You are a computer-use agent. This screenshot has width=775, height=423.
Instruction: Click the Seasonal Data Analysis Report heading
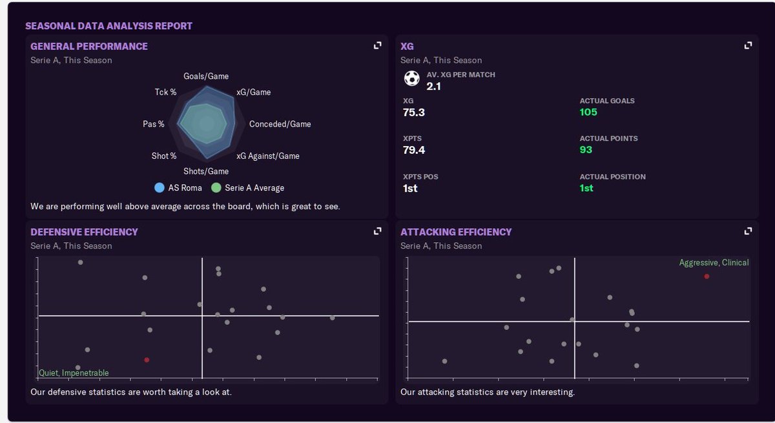(x=108, y=26)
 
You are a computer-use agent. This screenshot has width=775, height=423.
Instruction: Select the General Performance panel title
(x=89, y=46)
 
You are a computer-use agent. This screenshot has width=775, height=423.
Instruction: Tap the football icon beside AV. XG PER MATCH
(x=411, y=79)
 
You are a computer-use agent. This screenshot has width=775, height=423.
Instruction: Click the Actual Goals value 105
(x=588, y=112)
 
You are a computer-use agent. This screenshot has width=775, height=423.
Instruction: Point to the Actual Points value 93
(x=586, y=150)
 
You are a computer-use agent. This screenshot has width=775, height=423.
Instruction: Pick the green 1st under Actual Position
(x=586, y=188)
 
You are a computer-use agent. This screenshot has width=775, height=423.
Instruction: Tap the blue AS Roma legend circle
(x=160, y=188)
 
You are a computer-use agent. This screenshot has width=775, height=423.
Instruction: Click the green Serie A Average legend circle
(x=216, y=188)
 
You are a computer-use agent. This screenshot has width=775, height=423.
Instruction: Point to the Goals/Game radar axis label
(x=206, y=76)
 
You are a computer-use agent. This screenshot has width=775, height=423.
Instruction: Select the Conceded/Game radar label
(x=280, y=124)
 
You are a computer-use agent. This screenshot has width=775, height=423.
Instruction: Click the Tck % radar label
(x=165, y=92)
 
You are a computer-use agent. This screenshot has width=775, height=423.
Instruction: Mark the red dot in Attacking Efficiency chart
(x=707, y=276)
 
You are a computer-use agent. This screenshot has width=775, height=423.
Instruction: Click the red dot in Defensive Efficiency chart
(x=147, y=360)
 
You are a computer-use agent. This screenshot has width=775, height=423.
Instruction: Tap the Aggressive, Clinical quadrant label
(x=714, y=263)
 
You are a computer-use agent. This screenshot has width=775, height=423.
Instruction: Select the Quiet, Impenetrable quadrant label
(x=74, y=373)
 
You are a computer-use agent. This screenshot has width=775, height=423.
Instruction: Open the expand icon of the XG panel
(x=748, y=45)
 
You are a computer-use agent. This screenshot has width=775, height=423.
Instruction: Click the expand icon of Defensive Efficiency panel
(x=378, y=231)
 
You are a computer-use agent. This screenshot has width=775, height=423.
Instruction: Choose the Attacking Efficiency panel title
(x=456, y=232)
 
